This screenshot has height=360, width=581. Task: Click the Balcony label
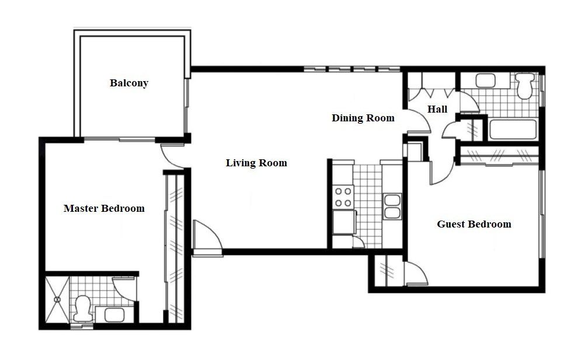pyautogui.click(x=129, y=83)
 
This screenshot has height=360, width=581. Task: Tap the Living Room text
pyautogui.click(x=256, y=163)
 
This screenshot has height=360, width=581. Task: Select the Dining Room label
pyautogui.click(x=363, y=118)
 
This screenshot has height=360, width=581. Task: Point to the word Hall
pyautogui.click(x=437, y=109)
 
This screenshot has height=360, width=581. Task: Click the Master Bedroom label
pyautogui.click(x=104, y=208)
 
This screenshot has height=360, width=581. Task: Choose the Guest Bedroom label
pyautogui.click(x=474, y=224)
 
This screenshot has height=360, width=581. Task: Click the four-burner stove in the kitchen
pyautogui.click(x=342, y=197)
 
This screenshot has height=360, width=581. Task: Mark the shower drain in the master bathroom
pyautogui.click(x=57, y=299)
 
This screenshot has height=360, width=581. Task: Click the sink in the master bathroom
pyautogui.click(x=114, y=315)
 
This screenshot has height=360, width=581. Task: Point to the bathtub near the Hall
pyautogui.click(x=512, y=129)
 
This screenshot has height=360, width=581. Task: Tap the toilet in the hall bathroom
pyautogui.click(x=526, y=85)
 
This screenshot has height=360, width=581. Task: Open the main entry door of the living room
pyautogui.click(x=207, y=239)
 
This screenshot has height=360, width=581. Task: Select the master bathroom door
pyautogui.click(x=125, y=288)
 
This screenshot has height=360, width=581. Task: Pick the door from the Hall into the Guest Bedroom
pyautogui.click(x=442, y=172)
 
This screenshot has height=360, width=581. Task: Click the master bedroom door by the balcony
pyautogui.click(x=172, y=155)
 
